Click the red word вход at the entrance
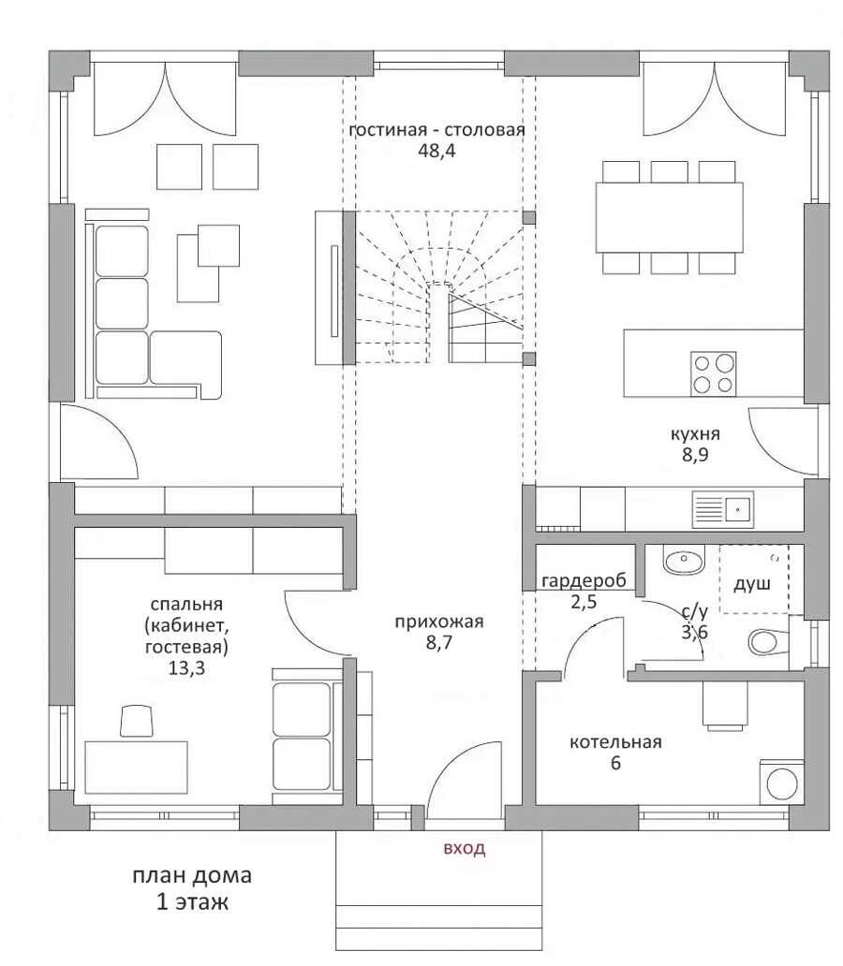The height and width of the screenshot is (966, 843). coord(465,848)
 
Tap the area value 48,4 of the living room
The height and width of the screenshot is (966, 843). coord(436,151)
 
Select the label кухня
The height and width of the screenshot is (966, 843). coord(695,434)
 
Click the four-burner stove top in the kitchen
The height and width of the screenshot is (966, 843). coord(714,374)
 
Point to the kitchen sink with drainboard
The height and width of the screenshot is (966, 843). coord(723,509)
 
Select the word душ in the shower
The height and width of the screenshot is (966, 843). coord(752,583)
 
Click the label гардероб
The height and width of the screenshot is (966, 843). coord(584,581)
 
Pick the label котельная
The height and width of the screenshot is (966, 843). coord(615,741)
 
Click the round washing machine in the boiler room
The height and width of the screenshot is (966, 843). coord(782,783)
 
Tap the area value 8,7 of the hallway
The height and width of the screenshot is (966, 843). coord(438,643)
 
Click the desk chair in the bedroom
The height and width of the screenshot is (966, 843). coord(137,722)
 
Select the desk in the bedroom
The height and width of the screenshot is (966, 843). coord(137,768)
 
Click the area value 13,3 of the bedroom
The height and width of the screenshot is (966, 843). coord(186,668)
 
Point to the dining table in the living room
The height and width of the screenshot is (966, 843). coord(670,217)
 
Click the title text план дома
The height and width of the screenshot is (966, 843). coord(192,875)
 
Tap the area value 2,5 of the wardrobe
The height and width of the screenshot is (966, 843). coord(584,602)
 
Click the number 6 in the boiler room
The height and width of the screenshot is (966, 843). coord(615,763)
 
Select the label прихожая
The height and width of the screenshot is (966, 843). coord(439,622)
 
